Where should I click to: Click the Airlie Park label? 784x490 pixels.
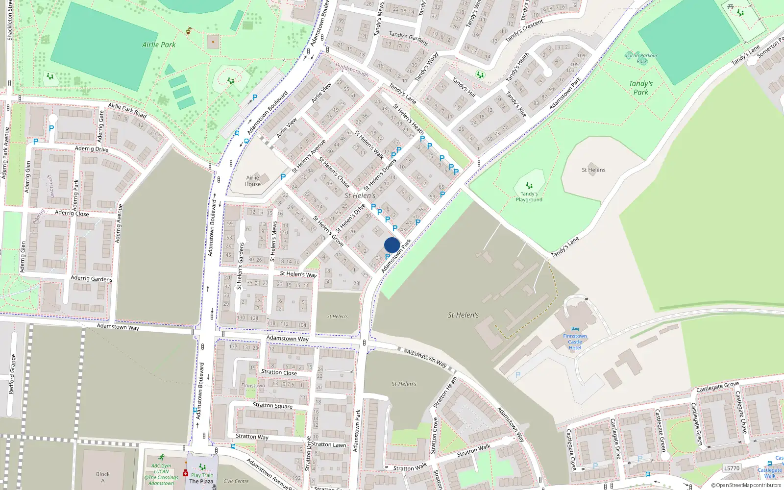(159, 45)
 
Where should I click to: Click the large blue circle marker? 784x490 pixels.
(392, 245)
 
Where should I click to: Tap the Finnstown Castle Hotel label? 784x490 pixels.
(575, 342)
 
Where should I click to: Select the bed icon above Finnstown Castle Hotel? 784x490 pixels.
(575, 329)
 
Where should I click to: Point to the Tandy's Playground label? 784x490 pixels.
(529, 197)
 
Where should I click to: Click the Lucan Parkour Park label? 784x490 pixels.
(641, 58)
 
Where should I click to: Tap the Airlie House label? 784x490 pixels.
(252, 181)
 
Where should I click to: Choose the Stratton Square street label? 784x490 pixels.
(272, 405)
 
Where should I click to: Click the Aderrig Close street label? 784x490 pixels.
(72, 213)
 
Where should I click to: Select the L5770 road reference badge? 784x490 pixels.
(732, 468)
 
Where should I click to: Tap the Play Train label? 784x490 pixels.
(202, 475)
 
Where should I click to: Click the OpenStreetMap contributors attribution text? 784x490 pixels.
(746, 485)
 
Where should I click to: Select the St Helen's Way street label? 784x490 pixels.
(298, 274)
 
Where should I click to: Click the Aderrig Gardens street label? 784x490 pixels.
(92, 278)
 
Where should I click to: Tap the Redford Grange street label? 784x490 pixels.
(12, 374)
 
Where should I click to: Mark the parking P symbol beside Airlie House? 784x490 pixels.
(283, 177)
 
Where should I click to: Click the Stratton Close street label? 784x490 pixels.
(279, 372)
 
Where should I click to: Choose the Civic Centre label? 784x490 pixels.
(236, 481)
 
